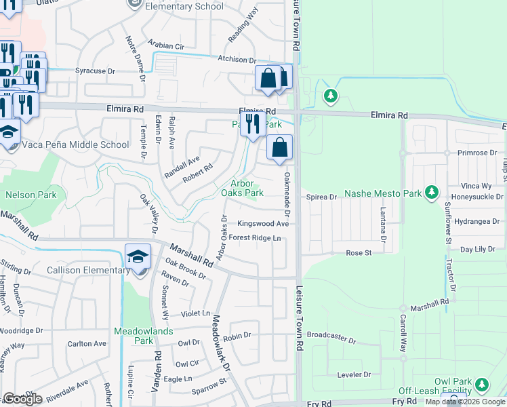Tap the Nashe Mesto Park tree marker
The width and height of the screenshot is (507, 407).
tap(430, 193)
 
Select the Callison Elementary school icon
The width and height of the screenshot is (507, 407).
tap(138, 258)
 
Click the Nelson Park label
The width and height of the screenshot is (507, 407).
tap(29, 195)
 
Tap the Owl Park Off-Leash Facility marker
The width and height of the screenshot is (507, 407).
tap(482, 385)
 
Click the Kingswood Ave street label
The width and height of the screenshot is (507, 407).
tap(263, 224)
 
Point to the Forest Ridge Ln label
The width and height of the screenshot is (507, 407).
tap(254, 238)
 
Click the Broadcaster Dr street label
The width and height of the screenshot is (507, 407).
tap(331, 336)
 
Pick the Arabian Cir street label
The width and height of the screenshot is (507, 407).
tap(166, 46)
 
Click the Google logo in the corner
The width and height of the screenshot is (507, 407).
tap(22, 399)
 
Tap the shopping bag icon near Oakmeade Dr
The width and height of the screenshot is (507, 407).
tap(279, 147)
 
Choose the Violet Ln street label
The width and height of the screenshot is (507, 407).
tap(196, 314)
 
